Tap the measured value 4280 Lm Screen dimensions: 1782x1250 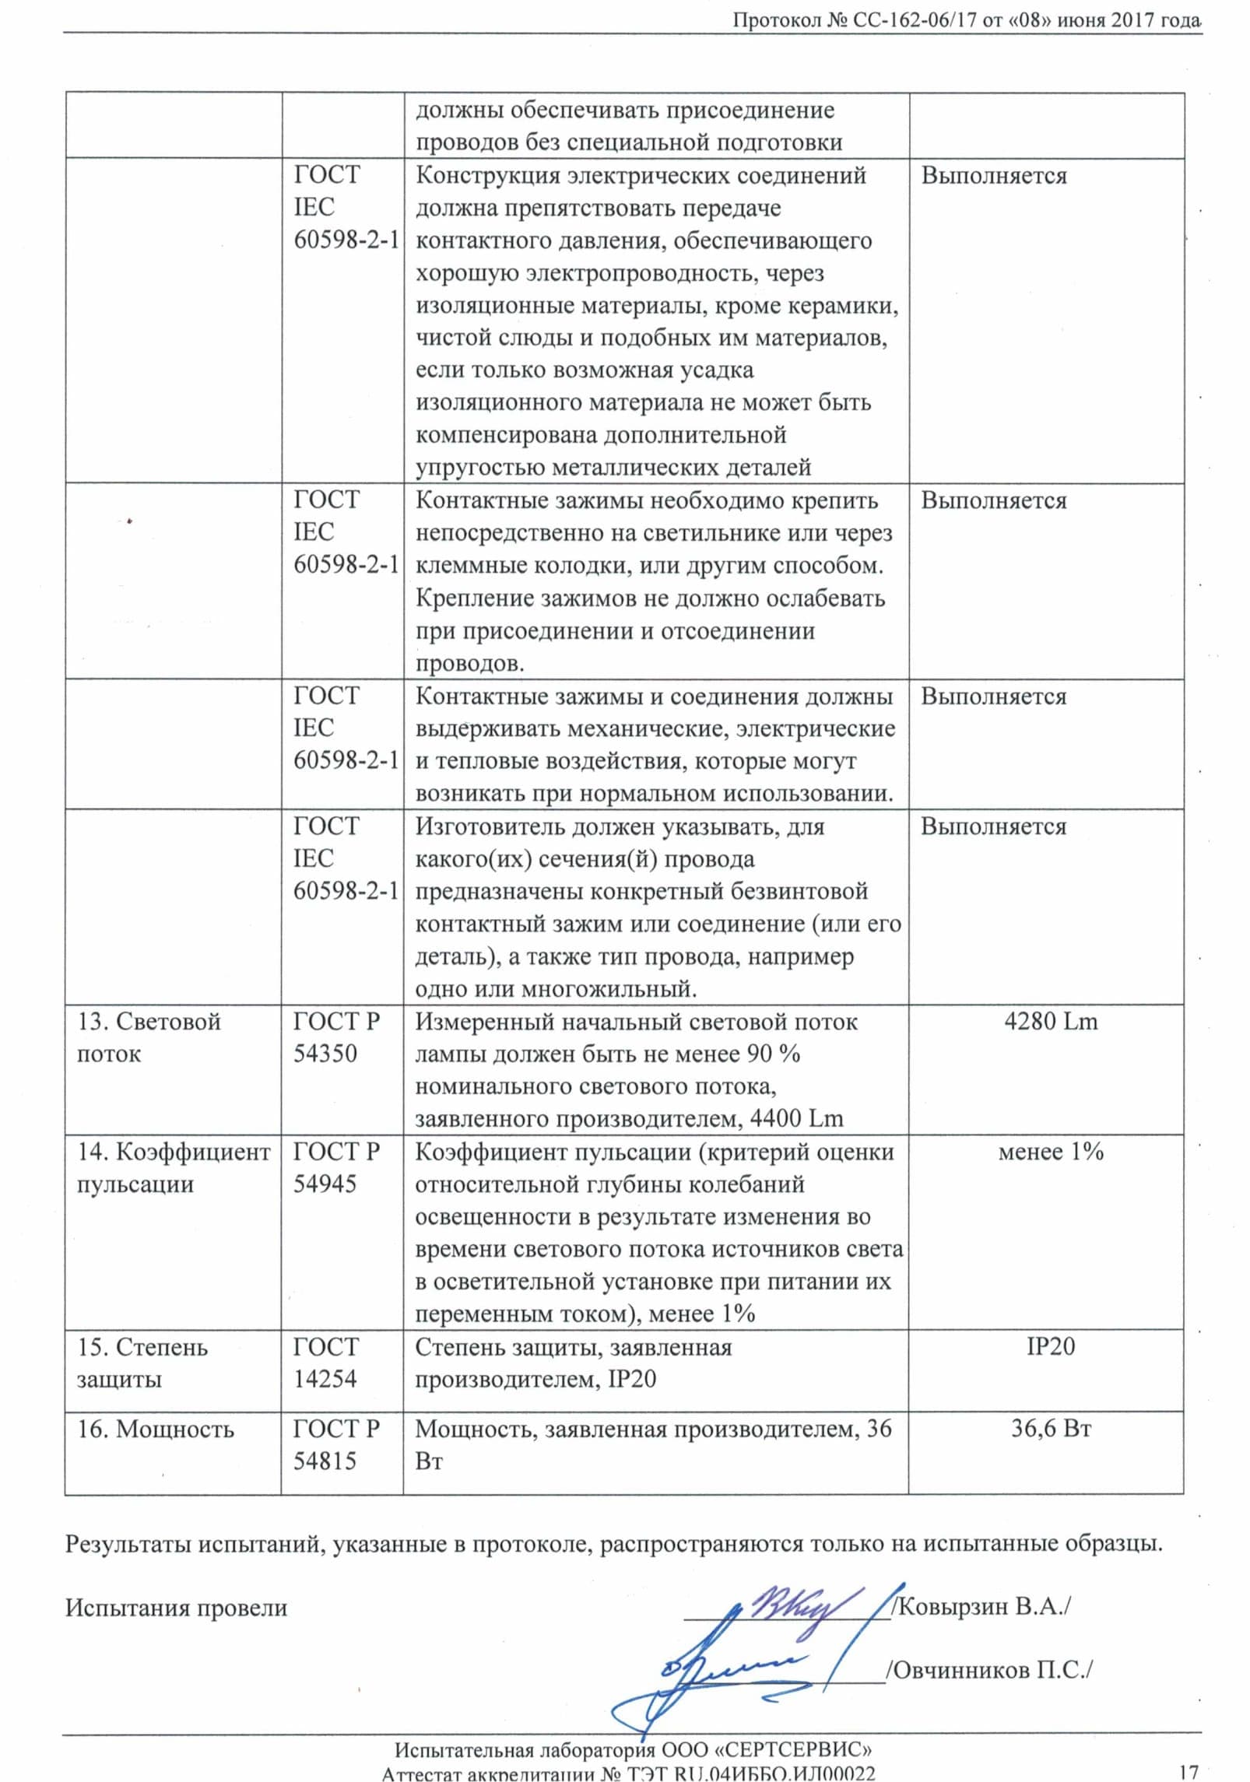coord(1051,1021)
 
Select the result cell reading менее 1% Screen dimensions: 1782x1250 coord(1051,1152)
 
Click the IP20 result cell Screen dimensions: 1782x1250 coord(1051,1346)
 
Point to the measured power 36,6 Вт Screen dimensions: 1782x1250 coord(1051,1429)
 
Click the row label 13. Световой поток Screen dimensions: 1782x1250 coord(149,1037)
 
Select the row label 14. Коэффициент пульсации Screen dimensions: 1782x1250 coord(173,1168)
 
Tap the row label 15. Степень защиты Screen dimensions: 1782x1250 coord(142,1363)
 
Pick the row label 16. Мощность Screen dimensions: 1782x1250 coord(155,1429)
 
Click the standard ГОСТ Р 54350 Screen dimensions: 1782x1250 coord(336,1037)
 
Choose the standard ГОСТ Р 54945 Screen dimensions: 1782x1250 coord(336,1168)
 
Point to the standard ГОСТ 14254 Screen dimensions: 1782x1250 coord(326,1363)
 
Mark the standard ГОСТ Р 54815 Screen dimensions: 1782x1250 coord(336,1445)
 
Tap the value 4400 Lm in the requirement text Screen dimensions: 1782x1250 coord(796,1119)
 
